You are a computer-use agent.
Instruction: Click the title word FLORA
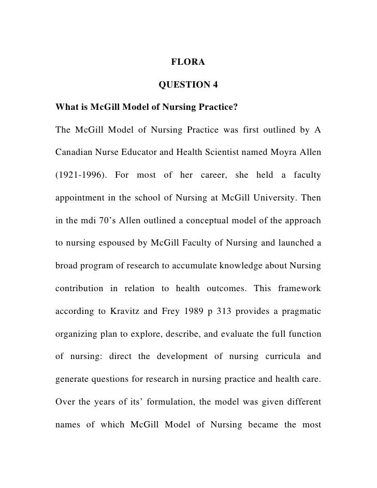(188, 63)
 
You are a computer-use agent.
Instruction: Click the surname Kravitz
(127, 311)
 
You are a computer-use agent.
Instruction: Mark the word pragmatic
(299, 311)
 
